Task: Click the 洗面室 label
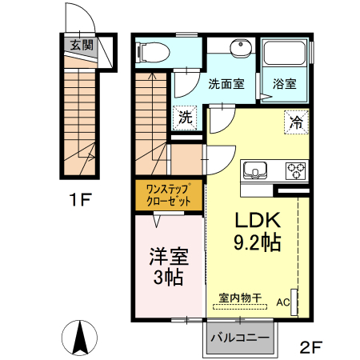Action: click(226, 83)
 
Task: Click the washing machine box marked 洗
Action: click(186, 117)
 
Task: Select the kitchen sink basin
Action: click(258, 170)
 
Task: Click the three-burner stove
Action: click(295, 170)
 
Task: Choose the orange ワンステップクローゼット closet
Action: click(168, 196)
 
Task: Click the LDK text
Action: click(256, 220)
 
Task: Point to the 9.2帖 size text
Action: click(256, 242)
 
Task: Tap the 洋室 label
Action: click(167, 258)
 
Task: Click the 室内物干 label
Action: click(240, 298)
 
